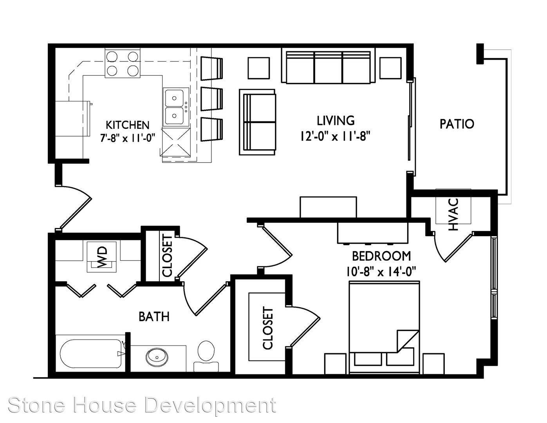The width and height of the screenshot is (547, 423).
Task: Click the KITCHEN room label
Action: click(x=127, y=125)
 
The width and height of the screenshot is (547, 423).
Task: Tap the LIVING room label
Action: click(x=336, y=120)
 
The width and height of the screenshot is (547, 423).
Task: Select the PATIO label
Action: click(x=457, y=124)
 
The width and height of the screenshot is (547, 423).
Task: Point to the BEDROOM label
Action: click(x=381, y=256)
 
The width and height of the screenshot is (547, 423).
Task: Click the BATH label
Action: click(x=154, y=316)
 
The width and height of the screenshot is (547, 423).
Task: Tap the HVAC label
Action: click(x=454, y=215)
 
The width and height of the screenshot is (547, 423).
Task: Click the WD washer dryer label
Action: click(x=102, y=257)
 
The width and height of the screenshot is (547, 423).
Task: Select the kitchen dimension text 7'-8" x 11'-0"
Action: click(x=127, y=138)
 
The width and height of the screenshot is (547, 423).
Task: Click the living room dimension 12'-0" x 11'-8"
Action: click(x=336, y=136)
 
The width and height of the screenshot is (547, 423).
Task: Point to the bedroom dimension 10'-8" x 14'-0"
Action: click(x=381, y=272)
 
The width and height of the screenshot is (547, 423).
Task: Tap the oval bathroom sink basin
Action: click(x=157, y=356)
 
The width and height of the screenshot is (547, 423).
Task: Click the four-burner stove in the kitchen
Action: click(x=123, y=64)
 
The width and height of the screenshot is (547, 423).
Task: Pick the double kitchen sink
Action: click(x=176, y=107)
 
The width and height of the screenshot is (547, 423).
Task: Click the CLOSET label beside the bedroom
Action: click(x=268, y=328)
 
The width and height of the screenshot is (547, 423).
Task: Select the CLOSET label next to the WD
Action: click(x=168, y=256)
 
